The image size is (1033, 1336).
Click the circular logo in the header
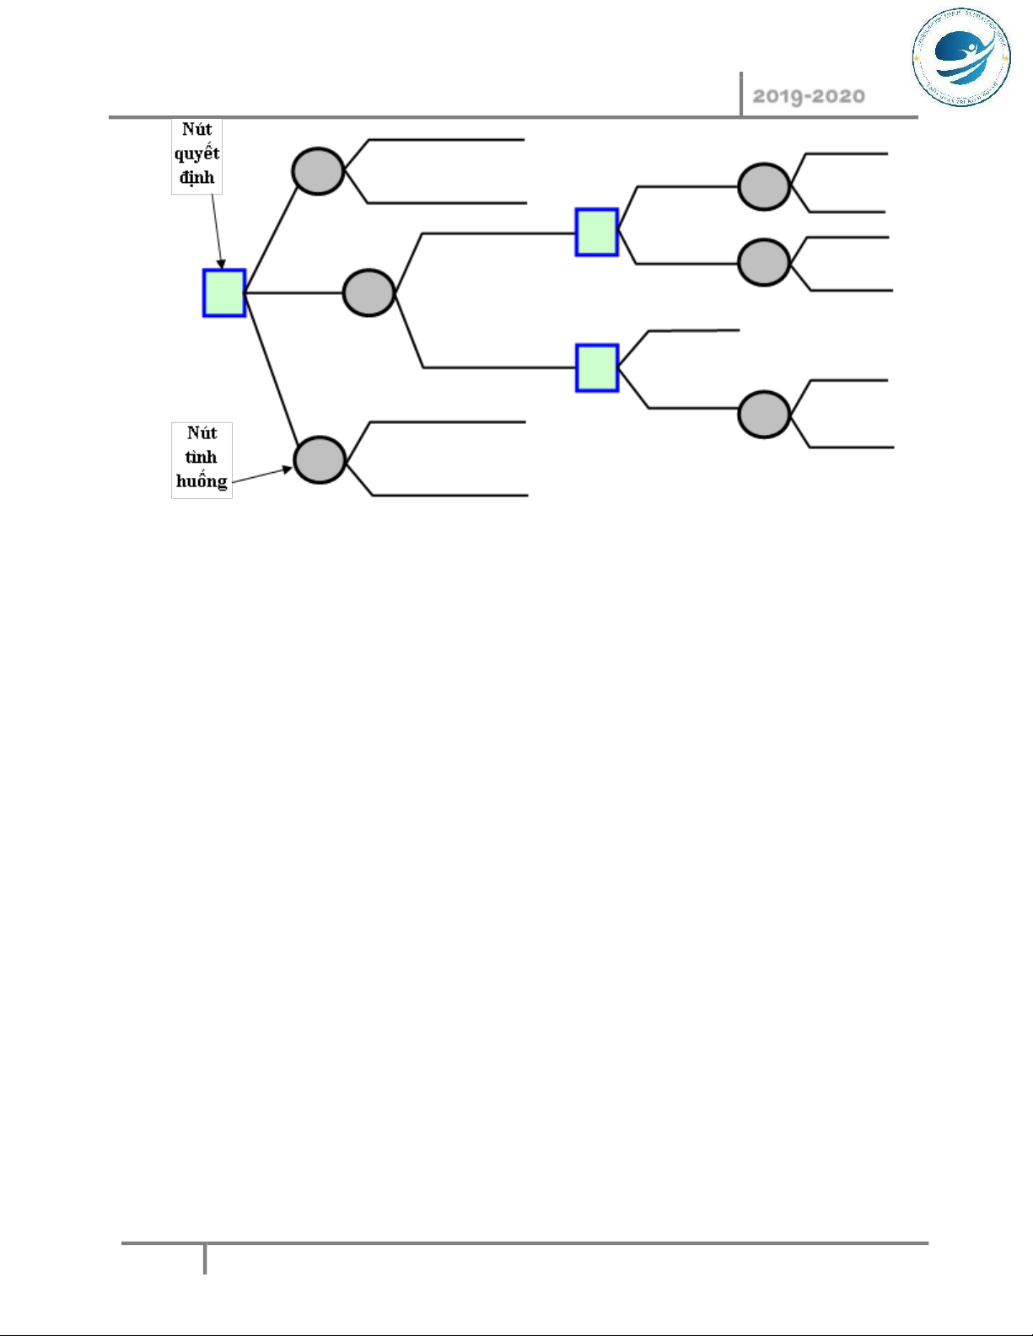click(960, 58)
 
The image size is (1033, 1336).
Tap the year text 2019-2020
click(808, 96)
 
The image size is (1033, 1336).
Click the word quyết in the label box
click(196, 153)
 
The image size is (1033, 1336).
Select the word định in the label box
click(196, 178)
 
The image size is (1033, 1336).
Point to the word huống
click(202, 481)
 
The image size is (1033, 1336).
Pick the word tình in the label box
click(202, 457)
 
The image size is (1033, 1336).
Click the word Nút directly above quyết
click(196, 129)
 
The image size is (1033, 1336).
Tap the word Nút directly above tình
click(202, 432)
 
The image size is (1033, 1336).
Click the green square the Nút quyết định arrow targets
click(223, 292)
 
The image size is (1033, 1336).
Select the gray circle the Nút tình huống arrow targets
click(320, 459)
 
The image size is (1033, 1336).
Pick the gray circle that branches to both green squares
click(369, 292)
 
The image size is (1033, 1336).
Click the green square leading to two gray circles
click(596, 232)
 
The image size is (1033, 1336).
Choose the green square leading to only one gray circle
click(596, 368)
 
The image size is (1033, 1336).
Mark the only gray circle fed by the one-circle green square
click(763, 414)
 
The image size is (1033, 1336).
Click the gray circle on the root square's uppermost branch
click(318, 171)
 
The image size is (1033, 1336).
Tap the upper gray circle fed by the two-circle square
click(763, 186)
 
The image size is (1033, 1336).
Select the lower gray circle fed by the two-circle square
click(763, 262)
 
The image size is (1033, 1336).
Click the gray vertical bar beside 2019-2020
click(741, 94)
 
